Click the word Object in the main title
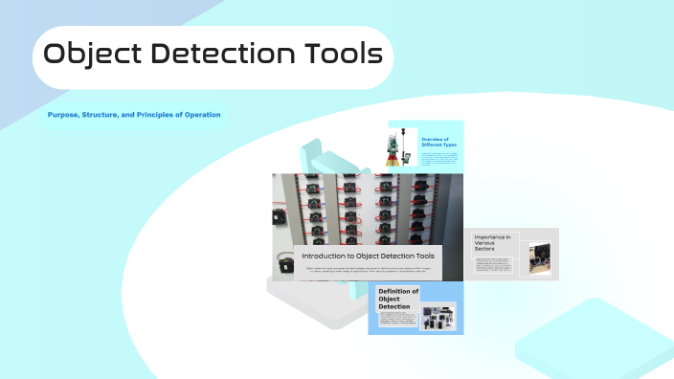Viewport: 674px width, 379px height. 94,54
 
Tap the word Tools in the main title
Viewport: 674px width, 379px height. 336,54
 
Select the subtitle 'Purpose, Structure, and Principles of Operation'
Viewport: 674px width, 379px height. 134,115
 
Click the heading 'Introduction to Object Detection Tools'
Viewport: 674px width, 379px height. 368,256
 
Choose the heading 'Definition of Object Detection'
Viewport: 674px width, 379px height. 398,299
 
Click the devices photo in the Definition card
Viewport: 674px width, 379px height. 438,317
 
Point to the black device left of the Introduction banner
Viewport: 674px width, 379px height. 284,264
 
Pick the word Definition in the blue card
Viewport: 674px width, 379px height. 398,291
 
